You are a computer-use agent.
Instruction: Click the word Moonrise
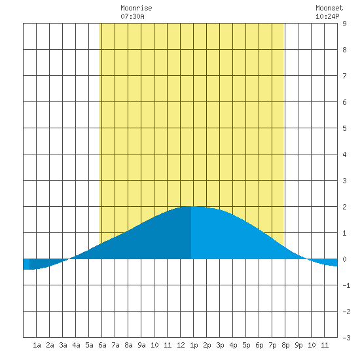click(136, 8)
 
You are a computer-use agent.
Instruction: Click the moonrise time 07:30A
click(132, 16)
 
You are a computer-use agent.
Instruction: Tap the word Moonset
click(329, 8)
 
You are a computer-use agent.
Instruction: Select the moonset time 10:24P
click(327, 16)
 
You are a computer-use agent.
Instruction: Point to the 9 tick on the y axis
click(344, 24)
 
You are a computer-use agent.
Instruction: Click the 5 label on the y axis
click(344, 128)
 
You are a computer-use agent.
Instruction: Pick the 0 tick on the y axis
click(344, 259)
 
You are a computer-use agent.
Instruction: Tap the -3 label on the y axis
click(346, 338)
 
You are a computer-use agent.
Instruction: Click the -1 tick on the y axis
click(346, 285)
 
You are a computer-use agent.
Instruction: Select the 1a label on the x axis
click(37, 345)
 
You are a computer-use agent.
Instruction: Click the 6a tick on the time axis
click(102, 345)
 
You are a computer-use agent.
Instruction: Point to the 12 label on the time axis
click(181, 345)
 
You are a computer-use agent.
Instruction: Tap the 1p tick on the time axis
click(194, 345)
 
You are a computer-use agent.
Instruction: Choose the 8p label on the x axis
click(285, 345)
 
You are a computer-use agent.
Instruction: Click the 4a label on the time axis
click(76, 345)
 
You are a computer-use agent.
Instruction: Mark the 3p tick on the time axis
click(220, 345)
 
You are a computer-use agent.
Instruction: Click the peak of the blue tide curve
click(191, 206)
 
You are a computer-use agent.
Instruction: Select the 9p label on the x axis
click(298, 345)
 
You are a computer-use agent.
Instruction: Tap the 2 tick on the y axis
click(344, 207)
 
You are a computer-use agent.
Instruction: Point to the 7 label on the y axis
click(344, 76)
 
